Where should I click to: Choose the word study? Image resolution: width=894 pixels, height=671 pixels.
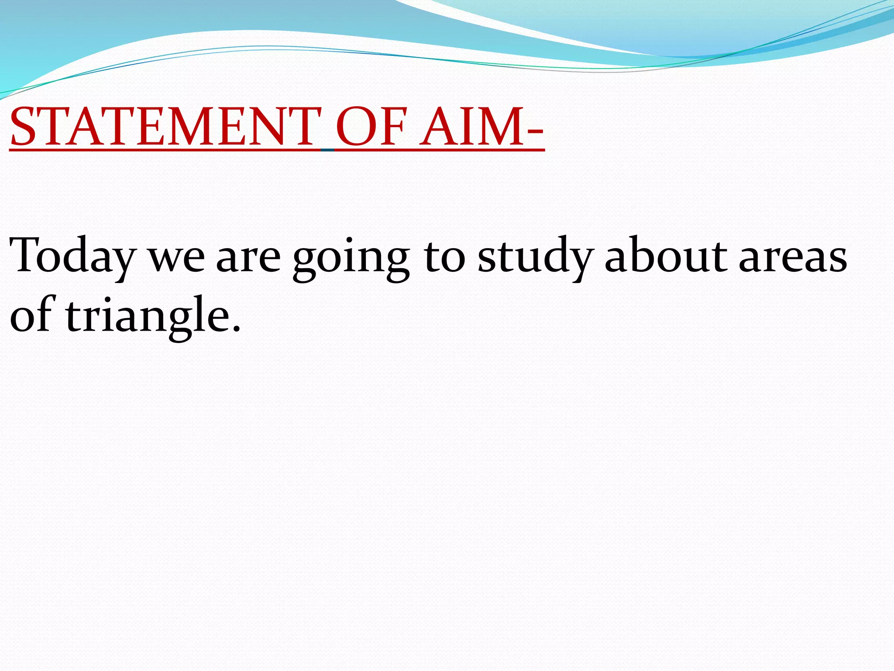(x=535, y=258)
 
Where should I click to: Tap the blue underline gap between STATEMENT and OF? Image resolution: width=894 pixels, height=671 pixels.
(x=328, y=150)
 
